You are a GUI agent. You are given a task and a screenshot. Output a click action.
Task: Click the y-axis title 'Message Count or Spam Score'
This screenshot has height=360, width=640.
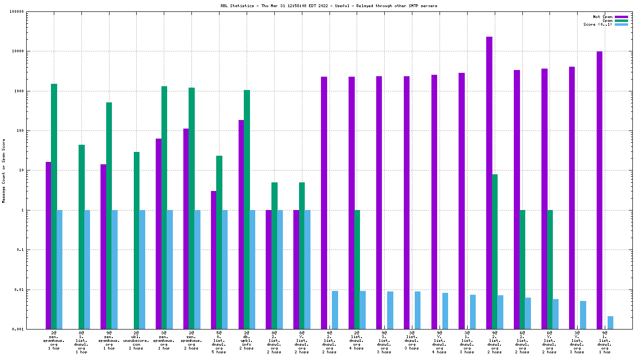[x=4, y=171]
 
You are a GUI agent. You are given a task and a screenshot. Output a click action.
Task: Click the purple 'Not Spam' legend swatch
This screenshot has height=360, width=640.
[x=621, y=17]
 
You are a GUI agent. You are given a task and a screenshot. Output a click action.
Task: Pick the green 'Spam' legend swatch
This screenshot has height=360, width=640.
[x=621, y=20]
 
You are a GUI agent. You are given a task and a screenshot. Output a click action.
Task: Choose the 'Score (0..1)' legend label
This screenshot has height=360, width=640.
[x=598, y=24]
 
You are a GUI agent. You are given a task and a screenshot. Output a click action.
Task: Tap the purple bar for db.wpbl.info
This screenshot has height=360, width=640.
[x=241, y=224]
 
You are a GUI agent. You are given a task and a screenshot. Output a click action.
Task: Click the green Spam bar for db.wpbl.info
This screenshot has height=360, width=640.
[x=247, y=210]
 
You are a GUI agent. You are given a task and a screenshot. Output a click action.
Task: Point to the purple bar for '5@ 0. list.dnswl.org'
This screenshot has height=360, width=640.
[x=213, y=260]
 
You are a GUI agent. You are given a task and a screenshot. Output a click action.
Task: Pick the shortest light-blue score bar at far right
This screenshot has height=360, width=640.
[x=610, y=322]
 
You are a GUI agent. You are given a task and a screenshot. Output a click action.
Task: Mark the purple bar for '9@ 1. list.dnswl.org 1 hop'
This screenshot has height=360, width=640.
[x=600, y=190]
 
